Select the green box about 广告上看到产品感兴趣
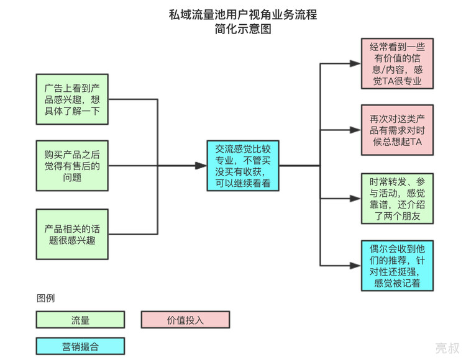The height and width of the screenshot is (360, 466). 72,99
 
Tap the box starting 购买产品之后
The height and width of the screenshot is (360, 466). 72,166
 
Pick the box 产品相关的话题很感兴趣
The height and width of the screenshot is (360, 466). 72,234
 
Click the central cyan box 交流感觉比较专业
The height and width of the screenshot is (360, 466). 243,166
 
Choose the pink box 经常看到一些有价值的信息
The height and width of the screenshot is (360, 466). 397,63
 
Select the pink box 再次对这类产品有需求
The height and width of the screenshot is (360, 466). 397,130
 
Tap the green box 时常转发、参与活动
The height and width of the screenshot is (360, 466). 397,198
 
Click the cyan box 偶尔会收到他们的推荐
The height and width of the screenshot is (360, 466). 397,265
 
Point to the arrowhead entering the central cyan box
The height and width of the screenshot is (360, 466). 200,166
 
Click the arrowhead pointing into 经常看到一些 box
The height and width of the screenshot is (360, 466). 355,63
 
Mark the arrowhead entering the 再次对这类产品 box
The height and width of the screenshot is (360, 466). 355,130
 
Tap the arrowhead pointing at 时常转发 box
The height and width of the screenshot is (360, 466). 355,198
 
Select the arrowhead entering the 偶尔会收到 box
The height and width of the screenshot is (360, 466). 355,265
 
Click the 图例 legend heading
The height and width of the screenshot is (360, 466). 45,298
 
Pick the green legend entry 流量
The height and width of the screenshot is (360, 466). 80,320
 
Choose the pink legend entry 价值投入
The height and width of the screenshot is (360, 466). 185,320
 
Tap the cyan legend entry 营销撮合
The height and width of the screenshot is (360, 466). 80,345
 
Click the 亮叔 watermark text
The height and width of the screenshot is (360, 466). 447,348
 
